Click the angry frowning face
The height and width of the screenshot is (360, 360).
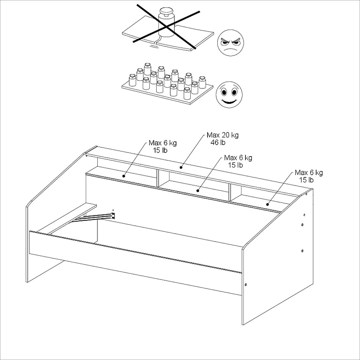[x=230, y=43]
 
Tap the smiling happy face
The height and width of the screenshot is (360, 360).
[x=229, y=95]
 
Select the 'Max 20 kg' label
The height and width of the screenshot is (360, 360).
[x=223, y=135]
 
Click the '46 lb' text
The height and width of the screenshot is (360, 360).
[x=218, y=142]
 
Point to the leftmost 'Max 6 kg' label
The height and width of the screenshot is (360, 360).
[x=163, y=143]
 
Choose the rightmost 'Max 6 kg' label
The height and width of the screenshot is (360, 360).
[x=309, y=172]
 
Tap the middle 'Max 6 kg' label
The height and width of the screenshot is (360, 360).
[x=238, y=158]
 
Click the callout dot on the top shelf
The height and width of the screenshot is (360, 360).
[x=181, y=167]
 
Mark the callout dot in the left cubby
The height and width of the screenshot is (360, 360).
[x=124, y=176]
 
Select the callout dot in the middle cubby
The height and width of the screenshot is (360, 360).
[x=198, y=190]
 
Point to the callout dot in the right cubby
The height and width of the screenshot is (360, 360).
[x=267, y=204]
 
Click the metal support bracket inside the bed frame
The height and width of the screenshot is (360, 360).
[x=94, y=217]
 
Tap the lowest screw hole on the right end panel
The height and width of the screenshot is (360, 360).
[x=246, y=285]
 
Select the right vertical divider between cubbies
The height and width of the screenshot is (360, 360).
[x=230, y=192]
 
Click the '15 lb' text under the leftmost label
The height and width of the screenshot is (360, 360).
[x=160, y=150]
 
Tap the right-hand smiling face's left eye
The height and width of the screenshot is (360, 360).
[x=224, y=92]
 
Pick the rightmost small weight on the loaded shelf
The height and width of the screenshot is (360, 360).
[x=202, y=82]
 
